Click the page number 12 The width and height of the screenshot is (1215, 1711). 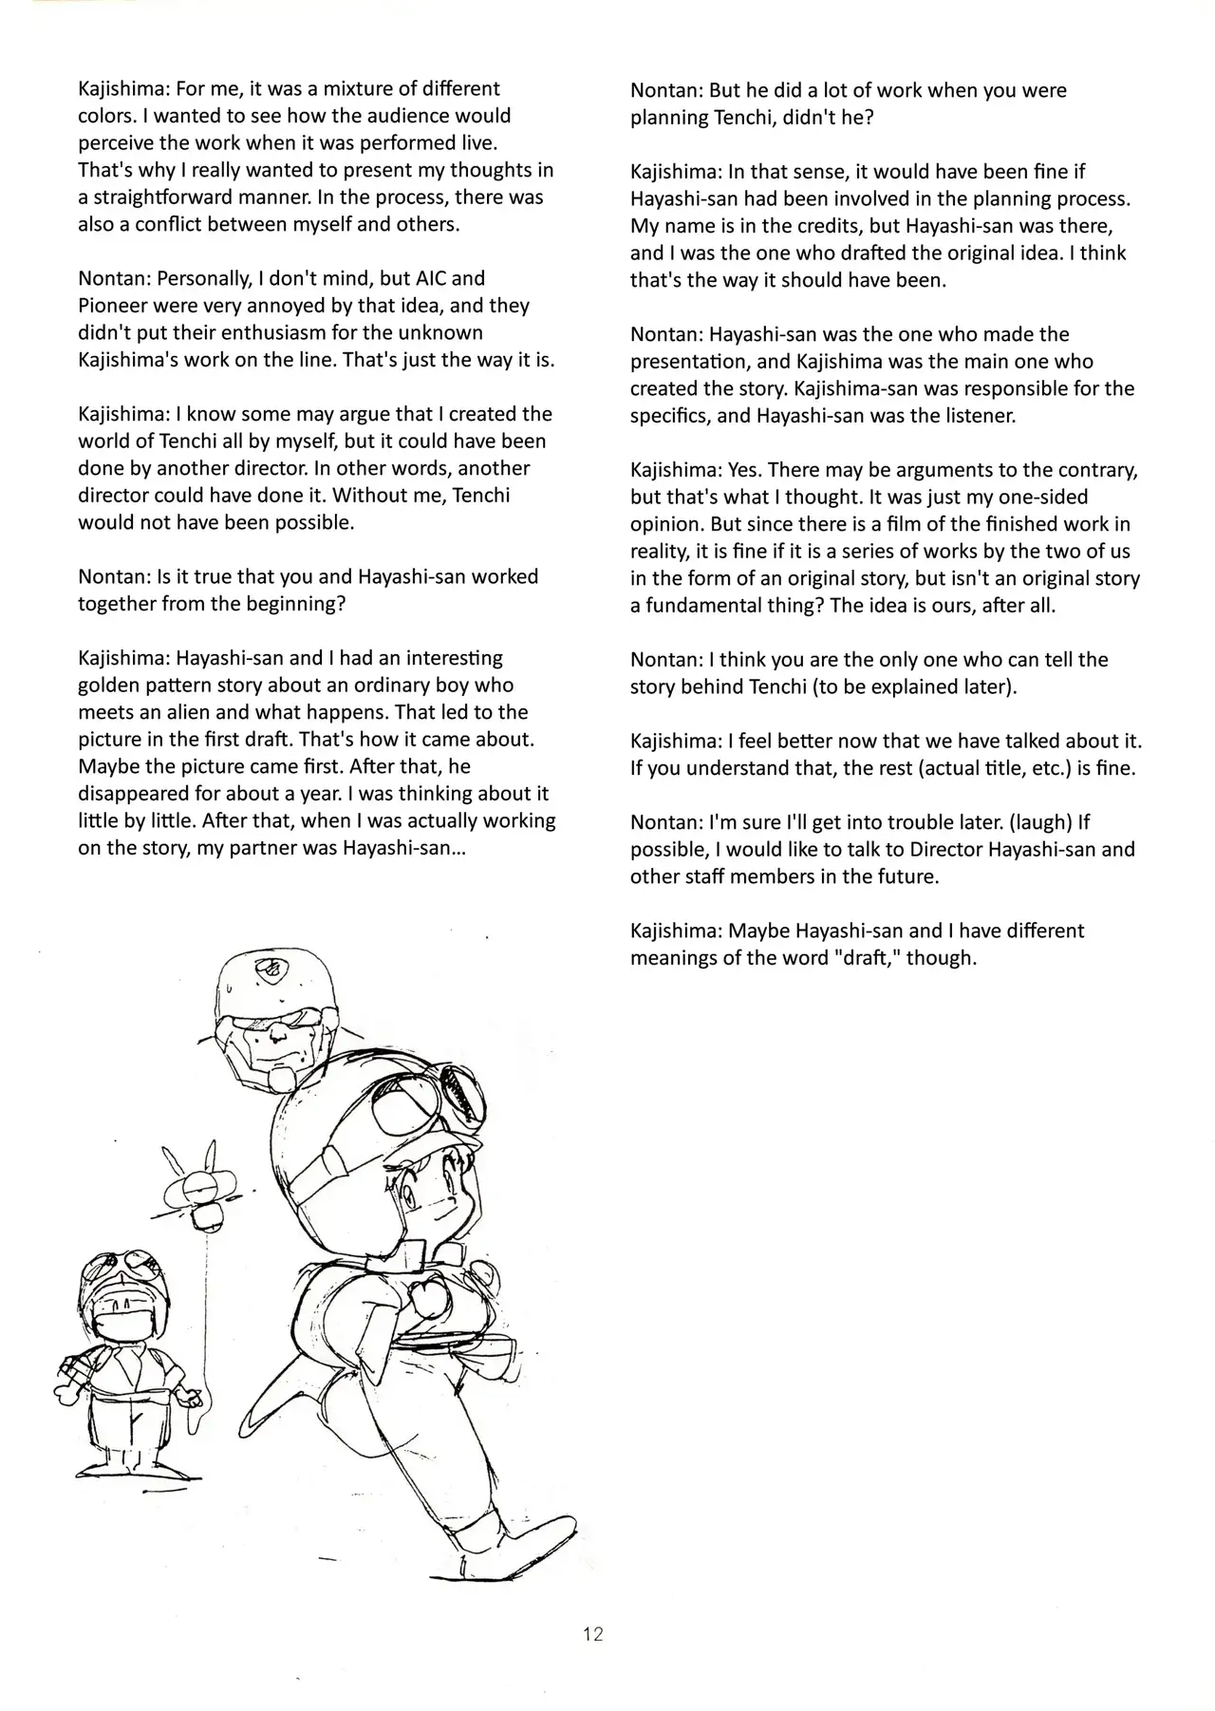[593, 1633]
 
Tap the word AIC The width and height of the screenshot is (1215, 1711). [428, 278]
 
